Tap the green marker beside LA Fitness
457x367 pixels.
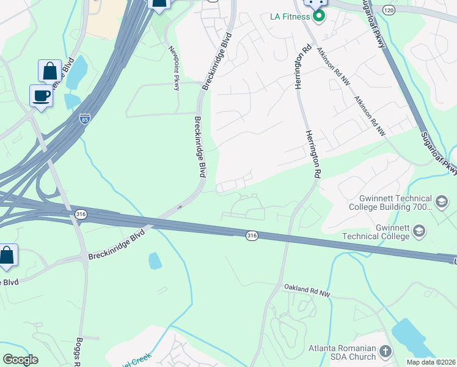pyautogui.click(x=318, y=15)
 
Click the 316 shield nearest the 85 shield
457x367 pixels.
pyautogui.click(x=81, y=214)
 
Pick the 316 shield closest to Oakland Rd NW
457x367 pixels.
pyautogui.click(x=251, y=235)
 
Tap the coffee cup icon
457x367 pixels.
pyautogui.click(x=41, y=95)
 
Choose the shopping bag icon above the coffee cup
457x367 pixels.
pyautogui.click(x=49, y=70)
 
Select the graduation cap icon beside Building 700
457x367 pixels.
pyautogui.click(x=441, y=201)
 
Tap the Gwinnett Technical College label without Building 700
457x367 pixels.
pyautogui.click(x=376, y=231)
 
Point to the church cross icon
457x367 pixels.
pyautogui.click(x=385, y=351)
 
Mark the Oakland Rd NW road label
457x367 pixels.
pyautogui.click(x=307, y=290)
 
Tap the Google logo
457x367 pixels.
pyautogui.click(x=20, y=360)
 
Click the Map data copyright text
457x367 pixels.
pyautogui.click(x=431, y=362)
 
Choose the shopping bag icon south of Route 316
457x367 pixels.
pyautogui.click(x=7, y=255)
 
